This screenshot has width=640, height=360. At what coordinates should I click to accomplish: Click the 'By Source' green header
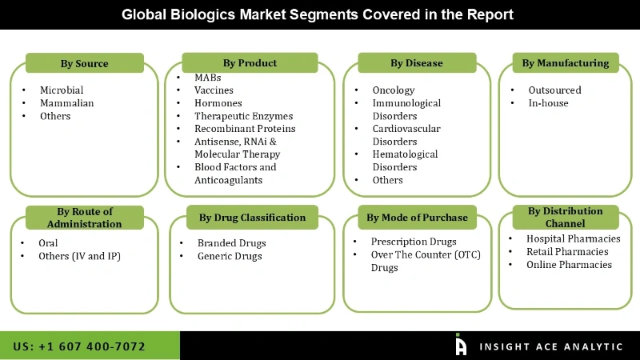point(84,63)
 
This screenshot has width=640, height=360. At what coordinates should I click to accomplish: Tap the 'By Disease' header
point(416,63)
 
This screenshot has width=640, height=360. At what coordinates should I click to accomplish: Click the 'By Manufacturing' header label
point(565,62)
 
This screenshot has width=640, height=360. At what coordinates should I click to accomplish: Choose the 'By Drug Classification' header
point(252,217)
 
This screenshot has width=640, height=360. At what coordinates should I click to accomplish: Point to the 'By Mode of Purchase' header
point(417,217)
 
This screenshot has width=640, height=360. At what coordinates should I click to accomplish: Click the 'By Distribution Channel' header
point(565,217)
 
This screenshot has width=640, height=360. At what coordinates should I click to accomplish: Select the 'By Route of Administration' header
point(85,218)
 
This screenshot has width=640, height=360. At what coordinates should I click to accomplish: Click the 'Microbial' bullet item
point(62,90)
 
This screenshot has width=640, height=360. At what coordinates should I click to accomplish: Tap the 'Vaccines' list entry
point(214,90)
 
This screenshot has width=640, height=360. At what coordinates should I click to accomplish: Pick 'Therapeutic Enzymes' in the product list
point(243,116)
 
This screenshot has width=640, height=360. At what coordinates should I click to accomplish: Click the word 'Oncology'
point(393,90)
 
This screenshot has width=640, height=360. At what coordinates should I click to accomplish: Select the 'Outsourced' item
point(554,90)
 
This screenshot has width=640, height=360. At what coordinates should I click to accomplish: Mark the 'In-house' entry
point(547,103)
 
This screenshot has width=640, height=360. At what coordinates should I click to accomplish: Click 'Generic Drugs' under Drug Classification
point(230,256)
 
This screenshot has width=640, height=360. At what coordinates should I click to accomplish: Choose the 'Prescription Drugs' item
point(413,242)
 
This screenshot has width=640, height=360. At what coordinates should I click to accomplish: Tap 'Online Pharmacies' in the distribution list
point(569,265)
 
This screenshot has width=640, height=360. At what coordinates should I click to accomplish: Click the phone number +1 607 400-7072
point(79,346)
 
